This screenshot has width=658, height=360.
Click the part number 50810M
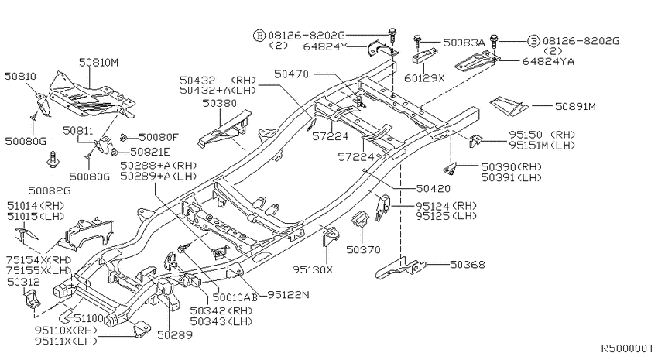(x=98, y=63)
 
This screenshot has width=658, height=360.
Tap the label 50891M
(x=575, y=107)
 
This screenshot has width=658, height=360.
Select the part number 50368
(x=468, y=264)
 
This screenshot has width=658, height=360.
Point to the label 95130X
(x=313, y=269)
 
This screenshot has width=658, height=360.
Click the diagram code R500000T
(x=627, y=348)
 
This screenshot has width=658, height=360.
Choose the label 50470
(x=291, y=74)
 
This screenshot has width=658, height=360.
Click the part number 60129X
(x=424, y=78)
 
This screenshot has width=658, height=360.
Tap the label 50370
(x=363, y=250)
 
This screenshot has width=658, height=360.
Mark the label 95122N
(x=288, y=295)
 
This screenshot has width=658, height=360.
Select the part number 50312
(x=23, y=283)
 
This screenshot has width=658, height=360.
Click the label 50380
(x=219, y=103)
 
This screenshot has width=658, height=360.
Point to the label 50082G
(x=50, y=191)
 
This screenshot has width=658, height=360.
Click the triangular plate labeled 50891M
(x=509, y=106)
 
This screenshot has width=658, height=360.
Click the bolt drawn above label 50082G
(x=53, y=159)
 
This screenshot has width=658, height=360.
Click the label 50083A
(x=464, y=43)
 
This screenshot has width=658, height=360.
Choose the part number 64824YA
(x=548, y=61)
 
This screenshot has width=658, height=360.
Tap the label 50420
(x=434, y=189)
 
